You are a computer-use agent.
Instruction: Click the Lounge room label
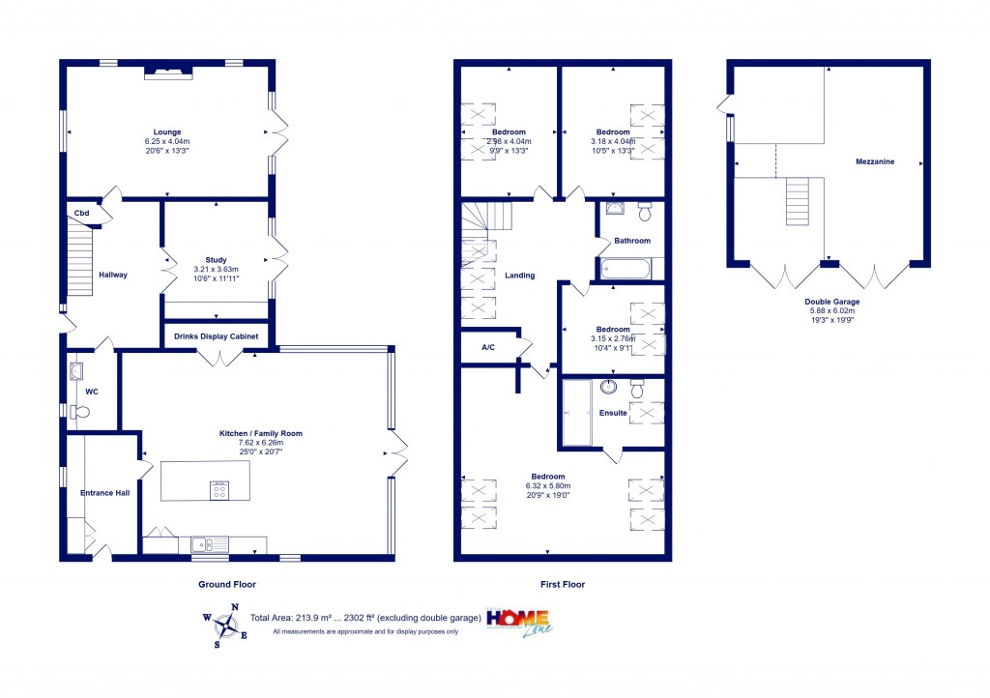pos(166,132)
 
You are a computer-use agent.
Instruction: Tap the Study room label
pos(217,259)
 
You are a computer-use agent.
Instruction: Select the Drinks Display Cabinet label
pos(217,337)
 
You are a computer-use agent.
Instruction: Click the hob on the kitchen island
pos(219,489)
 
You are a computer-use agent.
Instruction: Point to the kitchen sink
pos(204,544)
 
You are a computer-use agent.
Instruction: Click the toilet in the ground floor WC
pos(80,412)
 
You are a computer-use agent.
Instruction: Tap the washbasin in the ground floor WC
pos(76,368)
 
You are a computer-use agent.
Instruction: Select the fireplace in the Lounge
pos(169,71)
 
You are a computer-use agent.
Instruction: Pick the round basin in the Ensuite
pos(609,389)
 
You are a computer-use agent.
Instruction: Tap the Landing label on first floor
pos(519,276)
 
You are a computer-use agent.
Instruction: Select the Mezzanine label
pos(874,162)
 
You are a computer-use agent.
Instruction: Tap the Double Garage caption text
pos(832,302)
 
